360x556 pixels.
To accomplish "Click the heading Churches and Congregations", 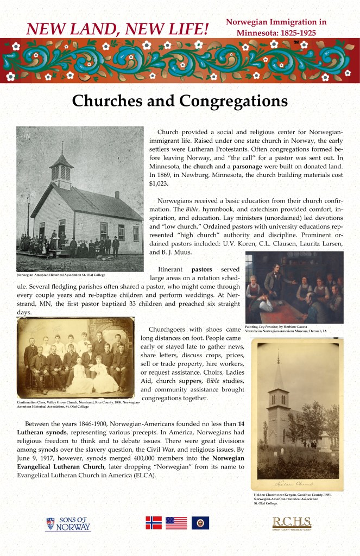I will pyautogui.click(x=180, y=100).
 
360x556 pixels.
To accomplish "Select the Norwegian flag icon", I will pyautogui.click(x=154, y=522).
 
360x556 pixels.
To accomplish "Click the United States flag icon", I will pyautogui.click(x=176, y=522).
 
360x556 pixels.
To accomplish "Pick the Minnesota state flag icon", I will pyautogui.click(x=200, y=522).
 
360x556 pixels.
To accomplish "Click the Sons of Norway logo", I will pyautogui.click(x=68, y=524).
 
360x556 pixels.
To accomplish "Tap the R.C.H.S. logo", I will pyautogui.click(x=292, y=523).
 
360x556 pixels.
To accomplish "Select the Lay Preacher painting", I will pyautogui.click(x=294, y=286).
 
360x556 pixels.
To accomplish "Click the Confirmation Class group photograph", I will pyautogui.click(x=75, y=359).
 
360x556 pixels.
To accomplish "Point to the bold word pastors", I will pyautogui.click(x=201, y=269).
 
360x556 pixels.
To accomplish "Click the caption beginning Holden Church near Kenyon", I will pyautogui.click(x=292, y=499).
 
